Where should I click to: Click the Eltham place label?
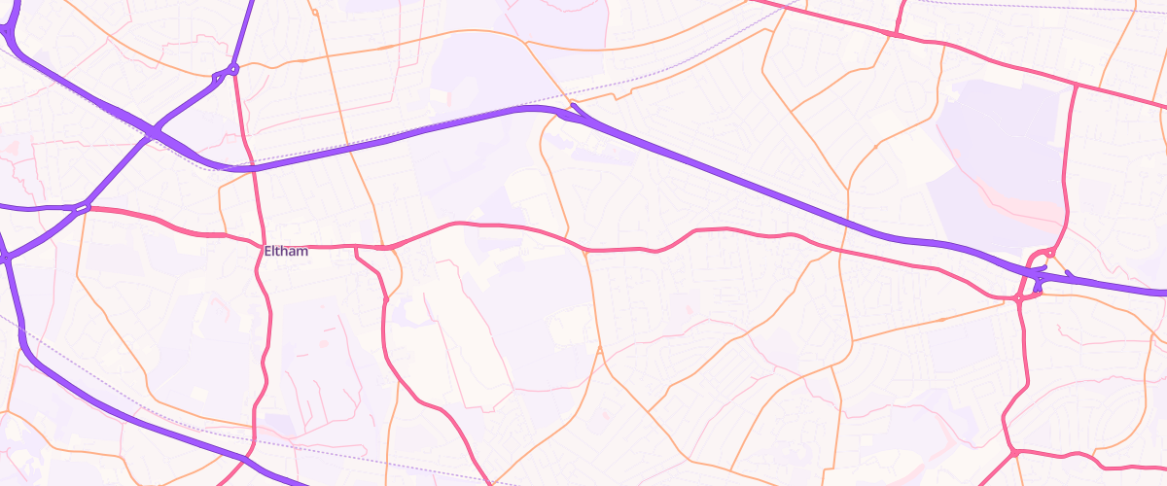pyautogui.click(x=286, y=252)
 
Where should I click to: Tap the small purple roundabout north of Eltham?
pyautogui.click(x=233, y=70)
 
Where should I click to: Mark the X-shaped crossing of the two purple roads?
pyautogui.click(x=154, y=132)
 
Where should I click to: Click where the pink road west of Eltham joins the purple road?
pyautogui.click(x=84, y=207)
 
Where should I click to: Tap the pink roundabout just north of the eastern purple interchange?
pyautogui.click(x=1050, y=253)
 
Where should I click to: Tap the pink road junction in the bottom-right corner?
pyautogui.click(x=1013, y=453)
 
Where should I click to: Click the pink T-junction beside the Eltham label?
pyautogui.click(x=264, y=244)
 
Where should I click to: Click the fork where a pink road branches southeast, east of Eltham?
pyautogui.click(x=358, y=249)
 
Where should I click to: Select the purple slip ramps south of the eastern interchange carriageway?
pyautogui.click(x=1038, y=285)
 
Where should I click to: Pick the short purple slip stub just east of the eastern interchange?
pyautogui.click(x=1070, y=274)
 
